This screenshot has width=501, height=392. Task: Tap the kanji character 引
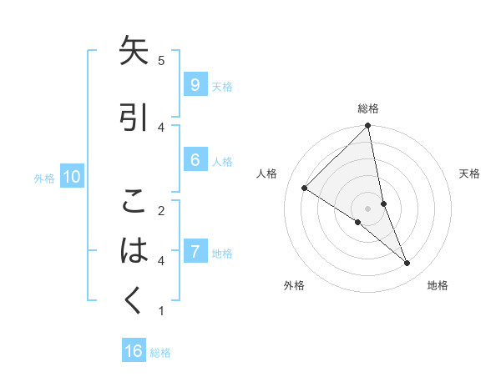134,118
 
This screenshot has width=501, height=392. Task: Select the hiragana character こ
134,202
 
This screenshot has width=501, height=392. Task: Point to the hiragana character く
134,300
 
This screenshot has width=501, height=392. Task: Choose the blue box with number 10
71,177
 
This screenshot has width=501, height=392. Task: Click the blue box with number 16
134,351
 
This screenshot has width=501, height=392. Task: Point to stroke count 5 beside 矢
161,60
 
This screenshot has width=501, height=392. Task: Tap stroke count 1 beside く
161,311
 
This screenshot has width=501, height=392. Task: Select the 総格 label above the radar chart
368,108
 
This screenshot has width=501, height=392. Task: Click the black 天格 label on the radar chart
470,173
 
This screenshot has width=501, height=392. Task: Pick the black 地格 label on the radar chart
438,285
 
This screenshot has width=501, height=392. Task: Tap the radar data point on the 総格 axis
368,127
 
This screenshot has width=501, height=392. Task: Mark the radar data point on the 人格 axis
304,188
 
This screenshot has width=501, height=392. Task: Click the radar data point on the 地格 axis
407,264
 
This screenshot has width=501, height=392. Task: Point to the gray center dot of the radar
368,209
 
